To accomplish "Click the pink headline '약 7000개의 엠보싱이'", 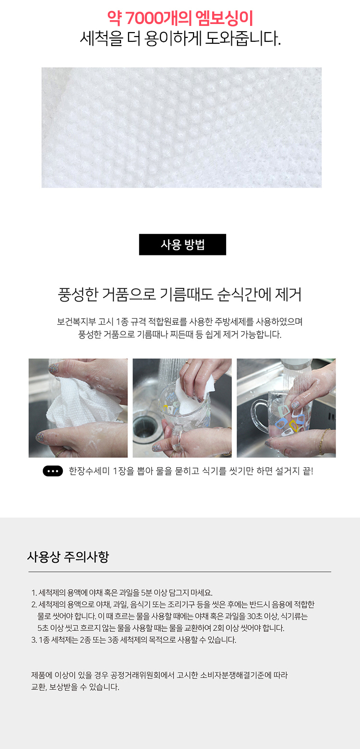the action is tap(180, 18).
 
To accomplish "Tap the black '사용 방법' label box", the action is tap(182, 244).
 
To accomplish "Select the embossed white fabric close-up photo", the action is tap(181, 127).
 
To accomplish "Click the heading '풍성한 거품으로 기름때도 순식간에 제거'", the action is tap(180, 295).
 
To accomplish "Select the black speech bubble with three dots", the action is tap(53, 471).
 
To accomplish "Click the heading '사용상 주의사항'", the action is tap(68, 557).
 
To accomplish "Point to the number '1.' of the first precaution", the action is tap(34, 593).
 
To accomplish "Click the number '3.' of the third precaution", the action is tap(34, 640).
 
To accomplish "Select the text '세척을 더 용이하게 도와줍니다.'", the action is tap(180, 38).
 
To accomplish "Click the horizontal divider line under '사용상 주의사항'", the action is tap(180, 572).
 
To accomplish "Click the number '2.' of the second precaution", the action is tap(34, 604).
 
